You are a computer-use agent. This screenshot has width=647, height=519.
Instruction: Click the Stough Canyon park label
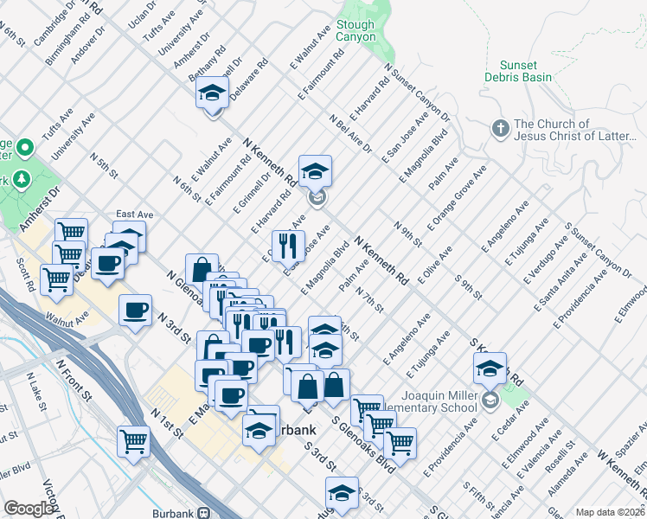point(356,31)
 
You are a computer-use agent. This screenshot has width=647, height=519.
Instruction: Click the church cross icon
point(499,129)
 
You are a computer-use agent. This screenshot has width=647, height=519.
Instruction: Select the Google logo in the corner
point(29,509)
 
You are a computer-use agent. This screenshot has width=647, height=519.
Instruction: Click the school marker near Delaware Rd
point(211,92)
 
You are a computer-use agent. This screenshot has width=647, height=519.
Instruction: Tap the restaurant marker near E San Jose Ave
point(287,245)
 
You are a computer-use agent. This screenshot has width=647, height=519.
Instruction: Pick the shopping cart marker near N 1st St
point(134,441)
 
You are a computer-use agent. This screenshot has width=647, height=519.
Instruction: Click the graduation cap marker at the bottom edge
point(342,493)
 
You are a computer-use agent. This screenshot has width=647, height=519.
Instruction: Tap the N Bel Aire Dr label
point(350,133)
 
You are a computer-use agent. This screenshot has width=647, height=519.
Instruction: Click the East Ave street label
point(134,215)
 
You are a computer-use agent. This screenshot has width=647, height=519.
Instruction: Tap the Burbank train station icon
point(204,512)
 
